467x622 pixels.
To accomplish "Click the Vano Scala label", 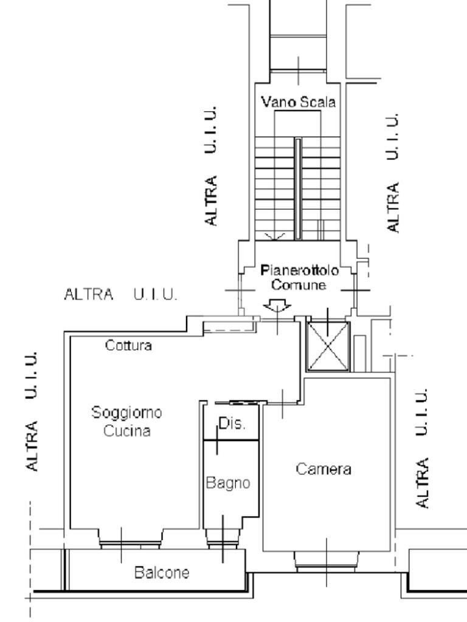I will pos(298,103).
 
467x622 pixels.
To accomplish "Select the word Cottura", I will pos(128,346).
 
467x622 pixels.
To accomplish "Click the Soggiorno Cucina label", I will pos(126,422).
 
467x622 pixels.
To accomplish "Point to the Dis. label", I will pos(232,424).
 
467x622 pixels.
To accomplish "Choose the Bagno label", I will pos(228,484).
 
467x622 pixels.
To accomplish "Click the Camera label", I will pos(323,469).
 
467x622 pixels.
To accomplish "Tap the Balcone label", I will pos(162,572).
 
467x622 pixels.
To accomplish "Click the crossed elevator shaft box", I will pos(328,346).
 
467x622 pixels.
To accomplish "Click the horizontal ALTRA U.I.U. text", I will pos(120,295).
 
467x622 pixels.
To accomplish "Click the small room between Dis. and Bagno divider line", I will pos(231,439).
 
